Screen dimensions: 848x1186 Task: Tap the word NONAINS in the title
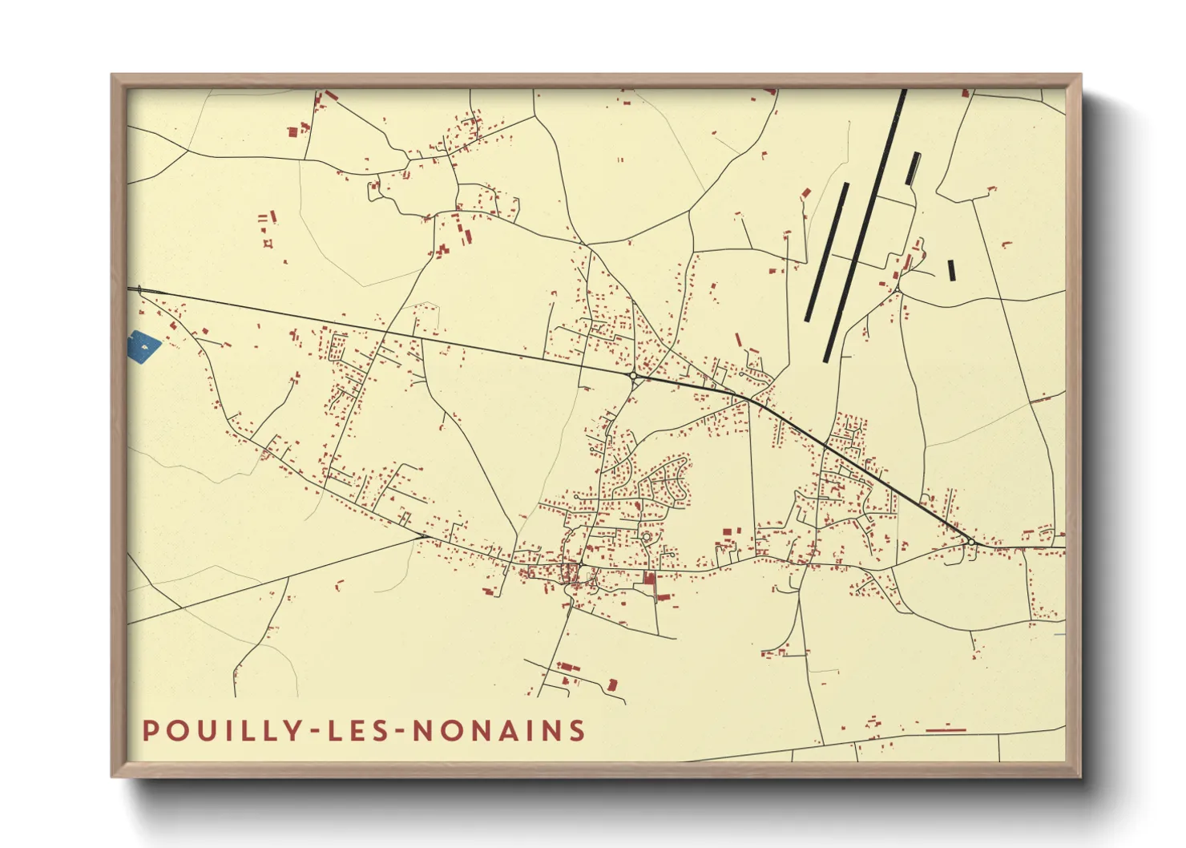498,731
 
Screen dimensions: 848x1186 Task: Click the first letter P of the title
150,731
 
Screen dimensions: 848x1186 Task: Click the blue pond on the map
143,346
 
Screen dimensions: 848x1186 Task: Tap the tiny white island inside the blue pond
144,347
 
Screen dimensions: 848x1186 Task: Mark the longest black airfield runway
864,226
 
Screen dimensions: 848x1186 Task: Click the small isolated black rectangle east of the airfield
951,270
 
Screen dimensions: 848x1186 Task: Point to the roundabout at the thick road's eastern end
971,543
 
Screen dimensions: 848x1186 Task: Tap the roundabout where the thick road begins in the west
632,375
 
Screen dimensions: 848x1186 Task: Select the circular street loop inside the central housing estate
646,535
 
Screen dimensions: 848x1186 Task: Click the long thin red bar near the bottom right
946,730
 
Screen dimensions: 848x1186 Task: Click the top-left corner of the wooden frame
112,75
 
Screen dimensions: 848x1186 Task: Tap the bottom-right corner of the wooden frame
1080,776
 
